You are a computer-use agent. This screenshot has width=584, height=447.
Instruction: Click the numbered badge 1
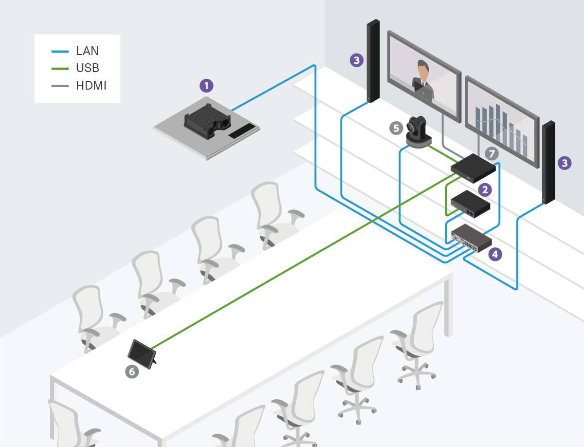point(207,86)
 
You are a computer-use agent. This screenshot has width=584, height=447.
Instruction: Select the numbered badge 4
point(495,254)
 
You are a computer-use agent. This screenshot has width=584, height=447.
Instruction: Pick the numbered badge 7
point(492,154)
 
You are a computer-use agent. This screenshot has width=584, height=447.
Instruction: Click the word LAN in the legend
point(87,51)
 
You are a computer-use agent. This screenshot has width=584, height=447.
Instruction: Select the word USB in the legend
point(88,68)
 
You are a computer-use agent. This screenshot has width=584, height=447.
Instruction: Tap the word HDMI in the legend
point(91,86)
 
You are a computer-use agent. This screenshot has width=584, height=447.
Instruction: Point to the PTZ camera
point(418,131)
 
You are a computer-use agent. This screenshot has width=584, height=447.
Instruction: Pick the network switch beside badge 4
point(471,239)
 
